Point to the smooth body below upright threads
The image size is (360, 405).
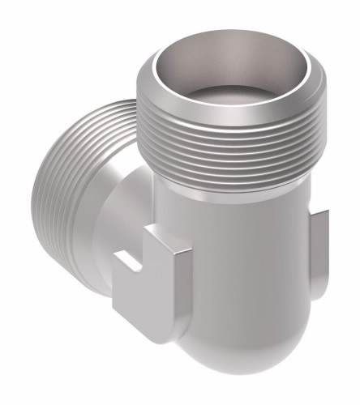point(235,235)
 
